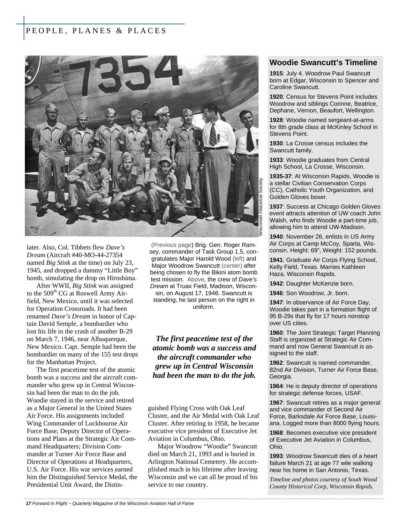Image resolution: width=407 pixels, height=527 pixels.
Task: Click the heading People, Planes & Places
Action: pyautogui.click(x=96, y=31)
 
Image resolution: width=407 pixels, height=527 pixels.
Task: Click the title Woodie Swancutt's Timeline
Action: pyautogui.click(x=323, y=63)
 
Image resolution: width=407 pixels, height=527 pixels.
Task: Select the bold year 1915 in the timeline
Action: pyautogui.click(x=276, y=73)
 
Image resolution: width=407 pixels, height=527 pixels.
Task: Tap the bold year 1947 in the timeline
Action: pyautogui.click(x=276, y=302)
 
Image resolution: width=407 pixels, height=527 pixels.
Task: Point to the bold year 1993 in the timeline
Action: pyautogui.click(x=276, y=456)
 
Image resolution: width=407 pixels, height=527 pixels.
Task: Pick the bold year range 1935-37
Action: pyautogui.click(x=280, y=176)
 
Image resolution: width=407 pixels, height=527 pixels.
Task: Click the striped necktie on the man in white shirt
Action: pyautogui.click(x=213, y=134)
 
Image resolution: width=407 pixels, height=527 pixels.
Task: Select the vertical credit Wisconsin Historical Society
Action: pyautogui.click(x=260, y=207)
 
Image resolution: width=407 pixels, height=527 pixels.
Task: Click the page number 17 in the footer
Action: pyautogui.click(x=28, y=504)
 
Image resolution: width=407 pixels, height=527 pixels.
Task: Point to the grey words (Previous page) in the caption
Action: pyautogui.click(x=172, y=245)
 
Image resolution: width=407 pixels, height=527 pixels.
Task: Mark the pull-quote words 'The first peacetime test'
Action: pyautogui.click(x=204, y=339)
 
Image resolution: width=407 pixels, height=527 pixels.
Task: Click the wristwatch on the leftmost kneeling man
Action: pyautogui.click(x=84, y=183)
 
